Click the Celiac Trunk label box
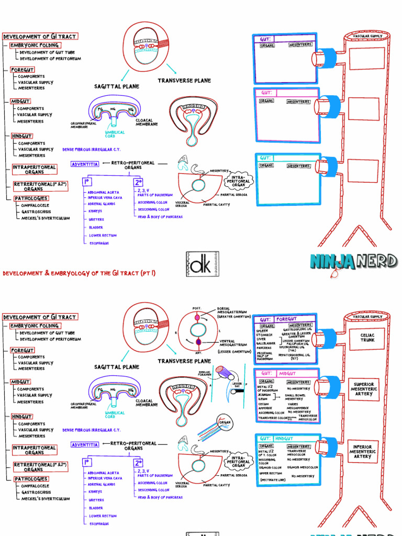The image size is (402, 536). point(367,337)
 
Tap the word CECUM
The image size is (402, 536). point(264,404)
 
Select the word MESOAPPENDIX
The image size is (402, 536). point(298,408)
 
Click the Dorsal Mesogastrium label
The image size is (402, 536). point(231,314)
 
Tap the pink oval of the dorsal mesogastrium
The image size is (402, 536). point(197,317)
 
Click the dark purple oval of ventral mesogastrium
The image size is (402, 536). point(198,342)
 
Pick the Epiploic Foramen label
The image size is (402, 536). point(205,373)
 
